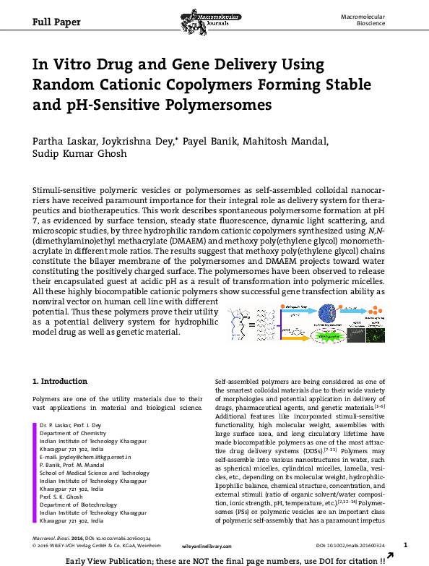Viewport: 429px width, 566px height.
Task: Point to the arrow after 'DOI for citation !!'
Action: click(391, 557)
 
